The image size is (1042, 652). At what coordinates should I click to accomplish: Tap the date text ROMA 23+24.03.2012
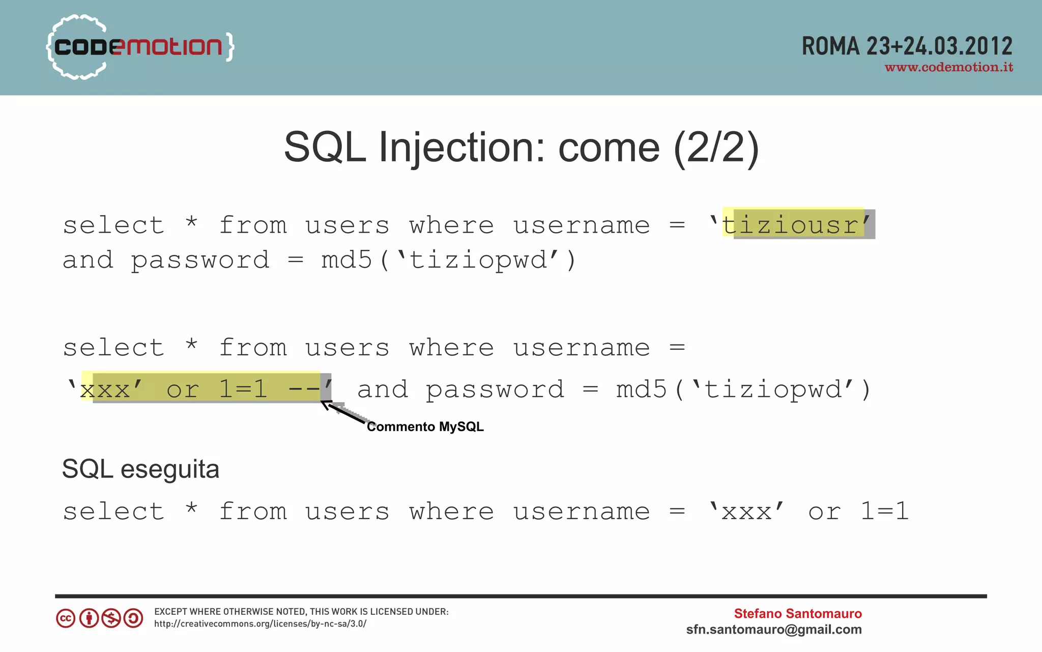coord(907,47)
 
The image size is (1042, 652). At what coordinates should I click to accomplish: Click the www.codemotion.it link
coord(949,68)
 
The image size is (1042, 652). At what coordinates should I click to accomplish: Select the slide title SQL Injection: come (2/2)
coord(521,148)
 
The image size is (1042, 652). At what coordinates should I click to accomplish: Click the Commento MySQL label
coord(425,427)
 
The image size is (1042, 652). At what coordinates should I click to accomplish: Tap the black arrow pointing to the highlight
coord(343,412)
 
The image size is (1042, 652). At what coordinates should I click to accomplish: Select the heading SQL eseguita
coord(140,469)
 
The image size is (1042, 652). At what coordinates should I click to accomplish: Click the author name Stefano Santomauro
coord(797,613)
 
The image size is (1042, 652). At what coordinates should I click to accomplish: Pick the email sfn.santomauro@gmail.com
coord(773,630)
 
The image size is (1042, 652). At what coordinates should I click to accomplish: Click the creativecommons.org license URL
coord(260,624)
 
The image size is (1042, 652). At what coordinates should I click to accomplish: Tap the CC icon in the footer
coord(66,618)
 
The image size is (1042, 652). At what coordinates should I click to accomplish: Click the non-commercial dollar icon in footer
coord(111,618)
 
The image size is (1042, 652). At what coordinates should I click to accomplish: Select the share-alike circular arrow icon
coord(133,618)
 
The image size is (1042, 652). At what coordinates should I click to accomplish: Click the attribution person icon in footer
coord(89,618)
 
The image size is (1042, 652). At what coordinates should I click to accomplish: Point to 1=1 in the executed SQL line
coord(884,511)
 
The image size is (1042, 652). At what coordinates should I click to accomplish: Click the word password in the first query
coord(200,260)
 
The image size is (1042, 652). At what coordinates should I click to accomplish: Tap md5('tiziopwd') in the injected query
coord(743,389)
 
